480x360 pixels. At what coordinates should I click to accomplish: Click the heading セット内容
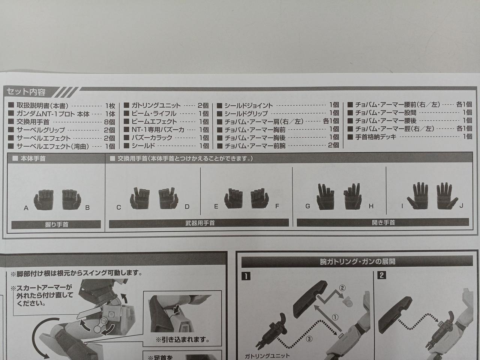26,92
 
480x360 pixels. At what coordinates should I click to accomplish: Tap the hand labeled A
44,199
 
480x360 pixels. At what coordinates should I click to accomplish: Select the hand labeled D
168,198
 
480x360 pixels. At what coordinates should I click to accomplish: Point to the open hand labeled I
417,196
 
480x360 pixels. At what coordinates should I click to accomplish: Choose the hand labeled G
325,196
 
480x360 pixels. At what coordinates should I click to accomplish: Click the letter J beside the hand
461,205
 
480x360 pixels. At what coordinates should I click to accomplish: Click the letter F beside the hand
277,206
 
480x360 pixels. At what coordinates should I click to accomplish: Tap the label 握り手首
57,225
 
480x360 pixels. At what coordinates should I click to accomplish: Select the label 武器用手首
200,223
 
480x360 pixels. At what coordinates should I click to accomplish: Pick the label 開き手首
383,222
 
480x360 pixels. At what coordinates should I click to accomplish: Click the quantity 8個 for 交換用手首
109,122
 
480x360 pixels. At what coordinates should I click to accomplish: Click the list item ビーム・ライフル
154,114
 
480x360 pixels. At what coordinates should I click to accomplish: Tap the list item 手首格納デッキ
376,137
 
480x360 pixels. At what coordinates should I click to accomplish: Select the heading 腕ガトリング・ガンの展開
357,262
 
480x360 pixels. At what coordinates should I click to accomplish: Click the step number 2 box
382,275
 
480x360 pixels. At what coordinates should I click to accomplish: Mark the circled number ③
309,339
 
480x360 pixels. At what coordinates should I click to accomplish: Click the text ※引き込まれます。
182,339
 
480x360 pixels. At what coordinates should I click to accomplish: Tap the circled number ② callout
342,288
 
